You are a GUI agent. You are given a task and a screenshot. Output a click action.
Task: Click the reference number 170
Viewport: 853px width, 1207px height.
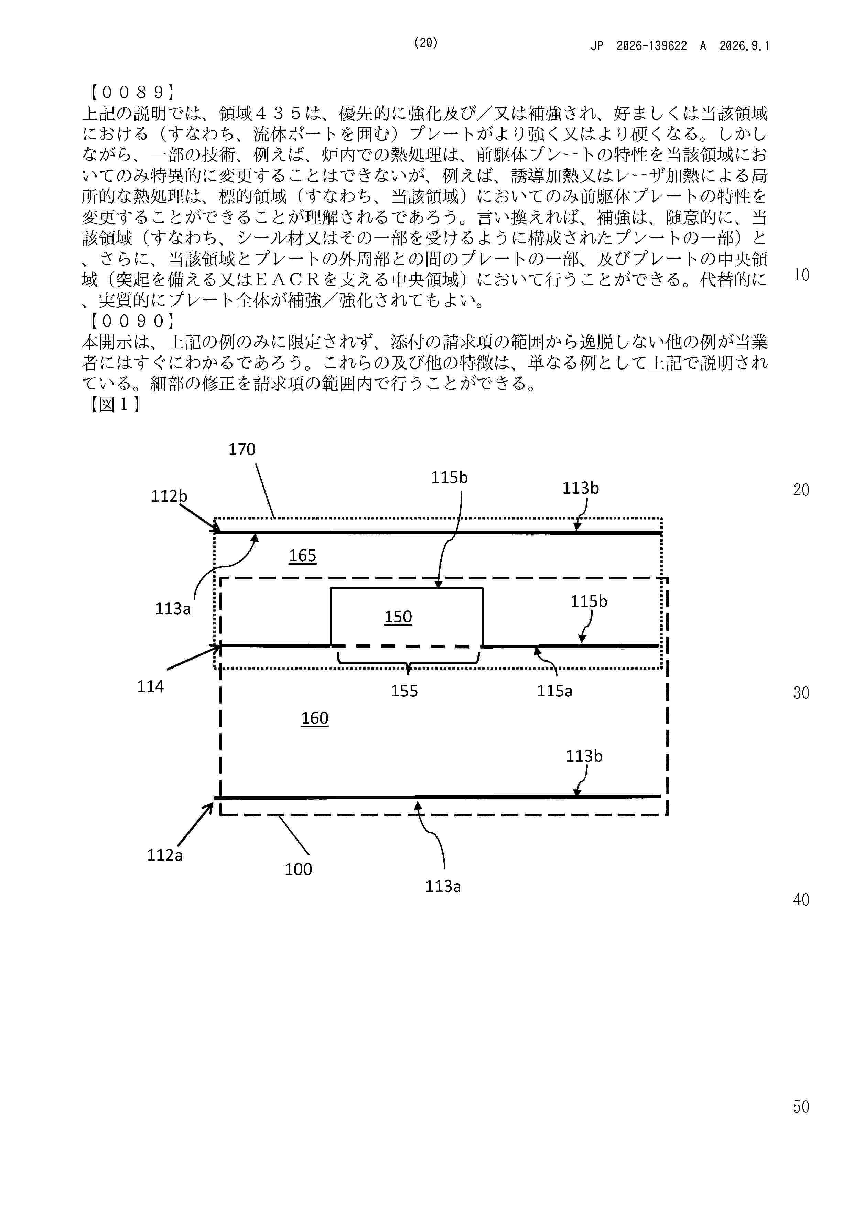242,449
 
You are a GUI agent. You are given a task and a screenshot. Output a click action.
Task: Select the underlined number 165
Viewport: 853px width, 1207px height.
303,556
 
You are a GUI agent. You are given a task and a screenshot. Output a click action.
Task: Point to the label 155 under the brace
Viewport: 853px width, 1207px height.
404,691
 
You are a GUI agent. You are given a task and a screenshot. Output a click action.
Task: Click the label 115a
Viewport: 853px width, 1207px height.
554,691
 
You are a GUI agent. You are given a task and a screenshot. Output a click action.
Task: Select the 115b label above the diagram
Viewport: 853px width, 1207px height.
449,477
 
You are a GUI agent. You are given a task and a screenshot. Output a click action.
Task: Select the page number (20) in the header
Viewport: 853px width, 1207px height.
426,43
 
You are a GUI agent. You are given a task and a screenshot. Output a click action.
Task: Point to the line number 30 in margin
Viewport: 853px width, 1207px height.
801,693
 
